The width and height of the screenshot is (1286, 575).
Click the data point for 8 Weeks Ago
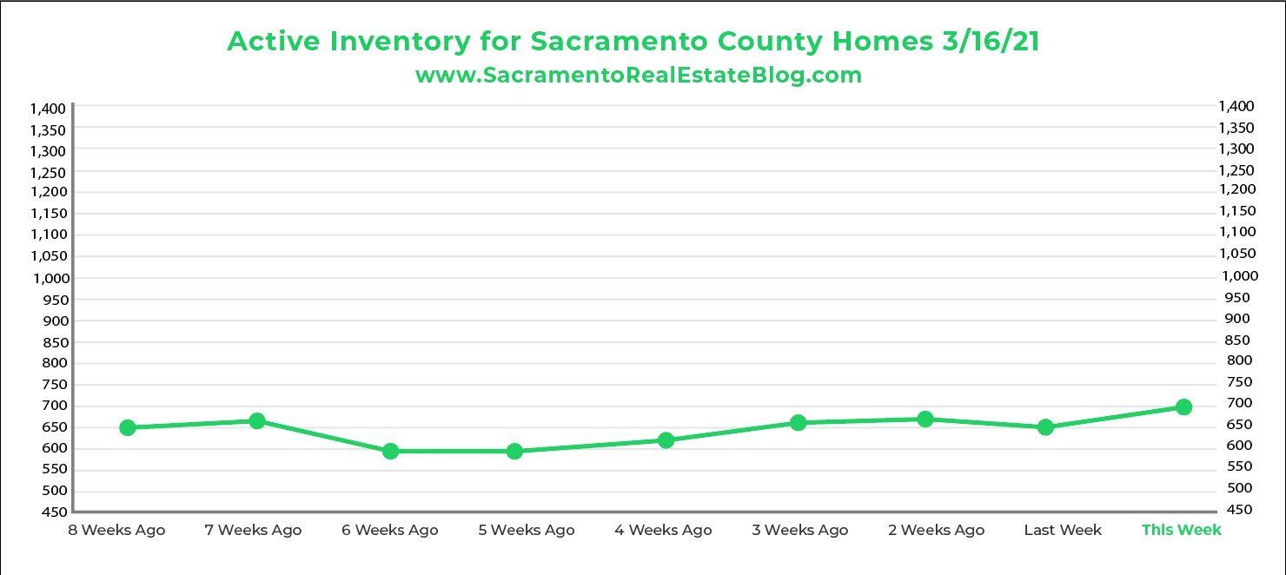[x=128, y=427]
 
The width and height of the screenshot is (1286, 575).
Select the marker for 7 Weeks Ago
[x=257, y=420]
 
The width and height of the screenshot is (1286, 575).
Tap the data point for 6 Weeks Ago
[x=390, y=451]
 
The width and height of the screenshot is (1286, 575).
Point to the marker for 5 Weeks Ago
[x=514, y=451]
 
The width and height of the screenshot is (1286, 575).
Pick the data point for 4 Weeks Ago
[x=666, y=440]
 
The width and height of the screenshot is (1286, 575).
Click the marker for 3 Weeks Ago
[x=799, y=422]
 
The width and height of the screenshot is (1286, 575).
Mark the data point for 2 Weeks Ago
[x=925, y=419]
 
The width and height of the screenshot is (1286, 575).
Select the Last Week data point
[x=1045, y=426]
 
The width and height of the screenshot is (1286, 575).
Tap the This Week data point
[x=1183, y=406]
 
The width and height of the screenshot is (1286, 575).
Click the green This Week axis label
[x=1181, y=530]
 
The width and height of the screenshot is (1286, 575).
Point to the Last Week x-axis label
[x=1063, y=530]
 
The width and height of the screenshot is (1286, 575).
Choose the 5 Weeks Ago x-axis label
[x=526, y=530]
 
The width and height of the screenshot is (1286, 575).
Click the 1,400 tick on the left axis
[x=48, y=109]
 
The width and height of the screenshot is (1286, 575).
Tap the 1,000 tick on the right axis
[x=1240, y=275]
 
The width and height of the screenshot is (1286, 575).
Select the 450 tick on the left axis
[x=54, y=512]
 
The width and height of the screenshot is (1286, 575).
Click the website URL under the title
[x=639, y=75]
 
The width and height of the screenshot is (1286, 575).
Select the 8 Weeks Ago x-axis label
[x=116, y=530]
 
